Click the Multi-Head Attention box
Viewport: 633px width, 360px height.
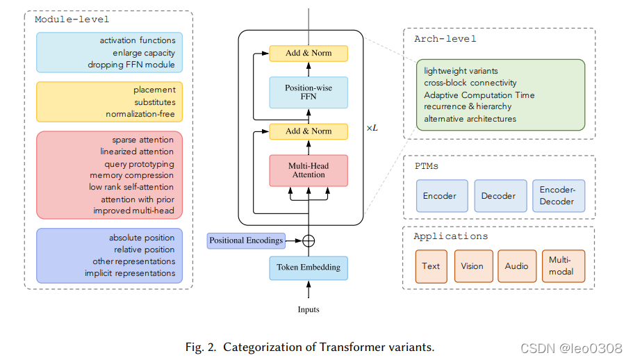(309, 170)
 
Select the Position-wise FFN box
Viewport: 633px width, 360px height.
(309, 92)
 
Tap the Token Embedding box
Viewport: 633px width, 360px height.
(309, 268)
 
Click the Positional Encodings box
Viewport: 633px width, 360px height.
(246, 240)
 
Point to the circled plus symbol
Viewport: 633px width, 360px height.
(309, 240)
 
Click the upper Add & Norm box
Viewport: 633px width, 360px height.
(309, 53)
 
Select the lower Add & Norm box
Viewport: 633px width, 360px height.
(309, 131)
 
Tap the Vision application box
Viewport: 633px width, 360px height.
(472, 266)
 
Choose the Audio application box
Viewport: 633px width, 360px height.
(517, 266)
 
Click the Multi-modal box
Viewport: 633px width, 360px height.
(563, 266)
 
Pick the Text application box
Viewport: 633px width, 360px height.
(431, 266)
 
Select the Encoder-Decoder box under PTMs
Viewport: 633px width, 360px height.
(559, 196)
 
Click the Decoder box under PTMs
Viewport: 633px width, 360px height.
(498, 196)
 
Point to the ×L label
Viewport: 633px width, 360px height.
(372, 129)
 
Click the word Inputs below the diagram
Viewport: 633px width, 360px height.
(309, 309)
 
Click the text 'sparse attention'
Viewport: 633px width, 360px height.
(143, 140)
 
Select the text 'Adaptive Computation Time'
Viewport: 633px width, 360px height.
(479, 95)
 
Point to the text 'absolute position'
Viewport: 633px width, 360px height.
(142, 238)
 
